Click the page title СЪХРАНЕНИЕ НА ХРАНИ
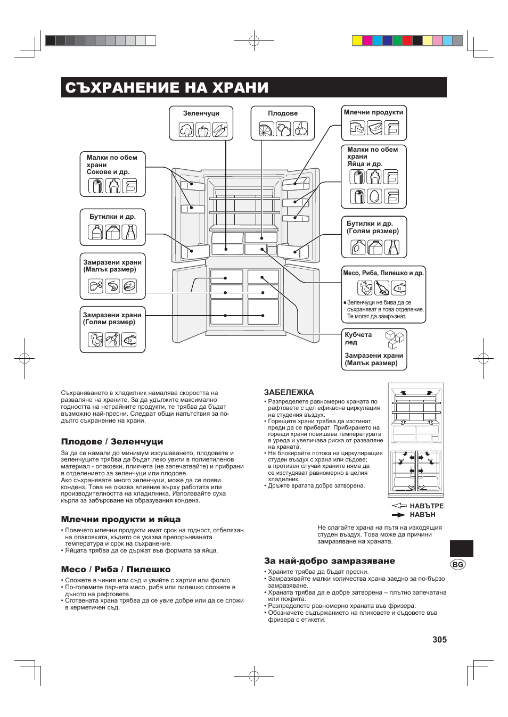tap(165, 88)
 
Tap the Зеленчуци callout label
tap(201, 113)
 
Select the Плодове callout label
tap(283, 113)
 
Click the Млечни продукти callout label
tap(373, 112)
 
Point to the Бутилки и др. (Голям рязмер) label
tap(373, 227)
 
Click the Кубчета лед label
tap(358, 338)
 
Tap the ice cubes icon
tap(395, 339)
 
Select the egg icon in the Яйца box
tap(374, 196)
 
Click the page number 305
tap(439, 639)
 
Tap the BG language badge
tap(457, 564)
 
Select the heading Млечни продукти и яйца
tap(121, 520)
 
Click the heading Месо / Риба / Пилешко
tap(116, 569)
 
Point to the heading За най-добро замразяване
tap(330, 561)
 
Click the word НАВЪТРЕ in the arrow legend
tap(427, 506)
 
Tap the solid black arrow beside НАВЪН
tap(399, 515)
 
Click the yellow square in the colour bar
tap(357, 41)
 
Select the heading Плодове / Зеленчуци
tap(112, 442)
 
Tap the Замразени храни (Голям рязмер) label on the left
tap(112, 318)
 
